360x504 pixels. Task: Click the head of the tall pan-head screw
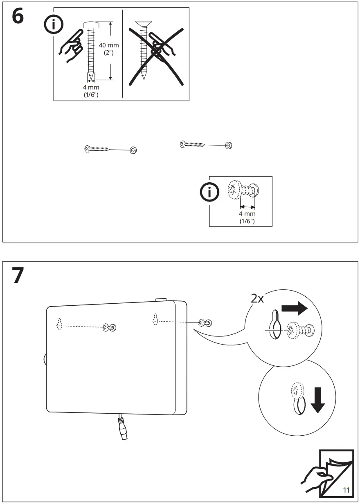coord(90,25)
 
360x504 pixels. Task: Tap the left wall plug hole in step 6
coord(133,150)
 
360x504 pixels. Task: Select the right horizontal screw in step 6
coord(191,143)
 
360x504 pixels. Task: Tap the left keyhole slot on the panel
coord(59,323)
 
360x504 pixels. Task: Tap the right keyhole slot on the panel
coord(155,319)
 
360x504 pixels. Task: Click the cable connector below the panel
coord(122,430)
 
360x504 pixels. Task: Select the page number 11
coord(346,490)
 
